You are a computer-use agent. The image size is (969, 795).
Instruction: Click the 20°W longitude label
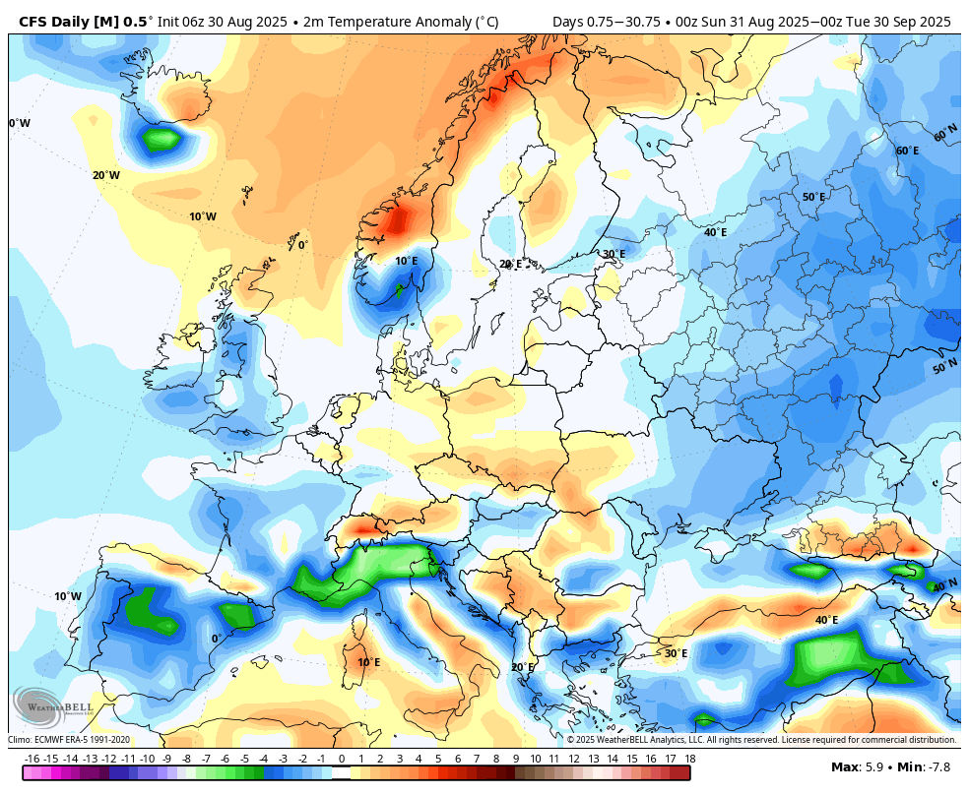pos(106,175)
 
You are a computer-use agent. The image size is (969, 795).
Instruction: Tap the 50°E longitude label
pos(813,197)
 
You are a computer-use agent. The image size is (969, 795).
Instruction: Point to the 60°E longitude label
pos(907,151)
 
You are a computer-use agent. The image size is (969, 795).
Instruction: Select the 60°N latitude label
pos(945,132)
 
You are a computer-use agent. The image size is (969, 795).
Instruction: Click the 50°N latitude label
pos(945,368)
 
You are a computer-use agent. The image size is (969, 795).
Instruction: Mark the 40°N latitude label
pos(945,585)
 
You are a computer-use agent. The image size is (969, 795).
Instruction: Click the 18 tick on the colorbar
pos(690,759)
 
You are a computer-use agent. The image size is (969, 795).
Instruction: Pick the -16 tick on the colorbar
pos(32,759)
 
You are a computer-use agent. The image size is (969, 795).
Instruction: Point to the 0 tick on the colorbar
pos(342,759)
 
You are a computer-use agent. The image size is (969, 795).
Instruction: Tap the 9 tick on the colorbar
pos(516,759)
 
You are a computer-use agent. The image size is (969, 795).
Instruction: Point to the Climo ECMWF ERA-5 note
pos(69,740)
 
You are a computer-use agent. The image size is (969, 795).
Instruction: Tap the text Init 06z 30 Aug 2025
pos(223,23)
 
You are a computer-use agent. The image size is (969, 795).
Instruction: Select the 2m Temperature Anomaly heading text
pos(401,23)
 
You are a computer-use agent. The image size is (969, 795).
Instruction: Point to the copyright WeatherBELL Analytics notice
pos(762,740)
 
